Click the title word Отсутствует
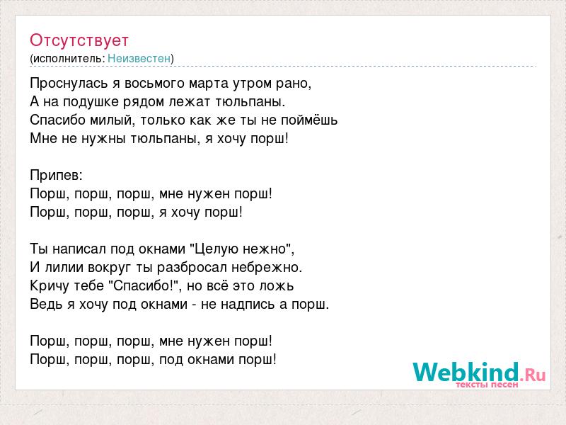pos(79,40)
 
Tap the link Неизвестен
pos(139,58)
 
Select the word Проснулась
pos(69,84)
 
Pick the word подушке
pos(91,102)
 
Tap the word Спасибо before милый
pos(57,120)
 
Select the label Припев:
pos(57,176)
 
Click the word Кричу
pos(50,286)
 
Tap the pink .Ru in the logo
pos(533,375)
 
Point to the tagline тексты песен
pos(487,385)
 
